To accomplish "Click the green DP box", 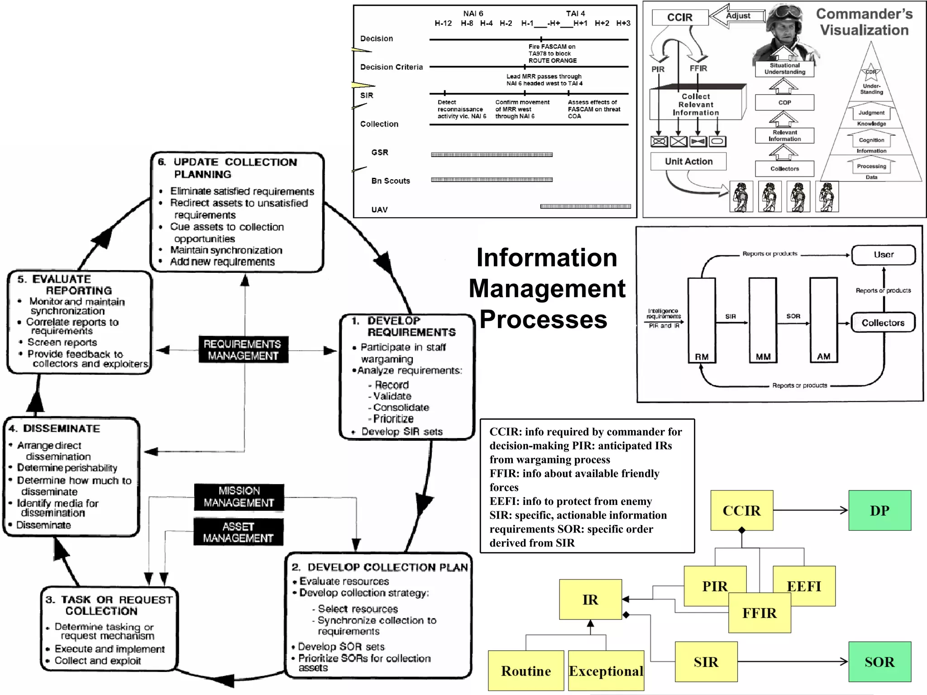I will pos(879,510).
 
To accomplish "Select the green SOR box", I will pos(879,662).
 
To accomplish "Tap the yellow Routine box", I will pos(526,671).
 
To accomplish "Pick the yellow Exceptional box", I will pos(606,671).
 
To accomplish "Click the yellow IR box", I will pos(590,600).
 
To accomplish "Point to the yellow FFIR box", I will pos(760,613).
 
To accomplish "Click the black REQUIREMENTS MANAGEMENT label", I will pos(243,350).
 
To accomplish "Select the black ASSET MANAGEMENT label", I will pos(238,532).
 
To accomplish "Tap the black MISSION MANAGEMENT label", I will pos(239,497).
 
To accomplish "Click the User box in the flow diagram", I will pos(883,255).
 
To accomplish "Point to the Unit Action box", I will pos(688,162).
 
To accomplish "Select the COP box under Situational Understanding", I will pos(784,103).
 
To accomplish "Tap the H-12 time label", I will pos(443,23).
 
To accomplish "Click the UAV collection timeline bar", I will pos(585,206).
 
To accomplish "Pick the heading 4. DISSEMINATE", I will pos(55,428).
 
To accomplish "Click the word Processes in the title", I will pos(543,319).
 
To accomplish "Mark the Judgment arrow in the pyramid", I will pos(871,113).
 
